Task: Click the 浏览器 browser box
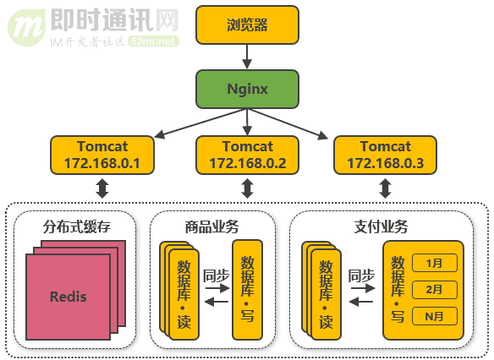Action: pos(247,25)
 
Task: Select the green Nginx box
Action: pos(247,88)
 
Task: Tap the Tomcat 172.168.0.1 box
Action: pos(102,154)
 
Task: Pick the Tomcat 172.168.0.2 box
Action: pos(247,154)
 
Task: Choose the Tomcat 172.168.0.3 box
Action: pos(385,154)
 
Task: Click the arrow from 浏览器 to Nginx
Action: pos(247,56)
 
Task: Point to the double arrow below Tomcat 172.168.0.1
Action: pos(102,188)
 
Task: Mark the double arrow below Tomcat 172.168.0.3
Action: pos(385,188)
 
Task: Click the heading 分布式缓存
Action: pos(77,227)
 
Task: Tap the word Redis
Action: pos(68,297)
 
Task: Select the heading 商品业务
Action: pos(211,227)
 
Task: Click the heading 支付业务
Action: pos(380,227)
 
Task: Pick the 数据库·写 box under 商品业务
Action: pos(247,288)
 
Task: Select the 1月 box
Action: pos(434,263)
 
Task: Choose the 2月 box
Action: pos(434,289)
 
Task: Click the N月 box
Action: pos(434,316)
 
